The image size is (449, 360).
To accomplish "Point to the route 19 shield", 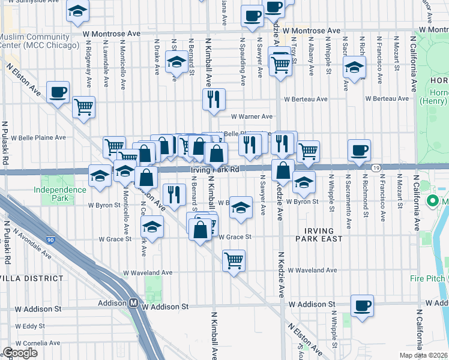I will pyautogui.click(x=376, y=169).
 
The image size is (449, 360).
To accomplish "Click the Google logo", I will pyautogui.click(x=20, y=353).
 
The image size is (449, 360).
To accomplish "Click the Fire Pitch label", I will pyautogui.click(x=427, y=278).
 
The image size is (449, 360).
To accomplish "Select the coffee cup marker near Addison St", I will pyautogui.click(x=362, y=305).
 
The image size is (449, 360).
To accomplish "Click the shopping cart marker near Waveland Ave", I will pyautogui.click(x=234, y=260).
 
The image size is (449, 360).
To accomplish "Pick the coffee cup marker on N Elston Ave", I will pyautogui.click(x=58, y=92).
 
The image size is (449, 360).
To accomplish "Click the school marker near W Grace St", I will pyautogui.click(x=152, y=227).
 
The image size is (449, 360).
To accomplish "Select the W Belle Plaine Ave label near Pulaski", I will pyautogui.click(x=34, y=137).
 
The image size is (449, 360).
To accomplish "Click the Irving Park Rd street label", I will pyautogui.click(x=215, y=170).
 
